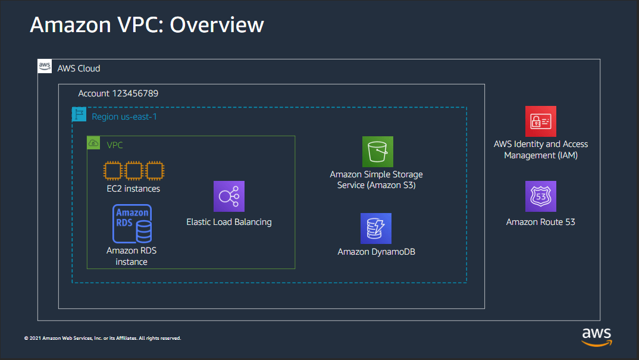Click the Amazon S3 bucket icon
[378, 152]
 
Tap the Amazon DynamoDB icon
[376, 228]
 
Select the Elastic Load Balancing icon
[229, 196]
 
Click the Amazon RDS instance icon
[132, 224]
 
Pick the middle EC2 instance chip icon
[134, 171]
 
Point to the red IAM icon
[541, 121]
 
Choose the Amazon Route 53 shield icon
[541, 196]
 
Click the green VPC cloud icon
[94, 143]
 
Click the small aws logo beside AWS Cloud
[45, 66]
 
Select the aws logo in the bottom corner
[597, 336]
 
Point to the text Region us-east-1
[124, 117]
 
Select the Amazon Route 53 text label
[541, 222]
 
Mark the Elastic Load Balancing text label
[229, 222]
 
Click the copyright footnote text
[102, 338]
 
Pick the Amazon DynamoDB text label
[377, 252]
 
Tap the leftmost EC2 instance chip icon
[112, 171]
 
